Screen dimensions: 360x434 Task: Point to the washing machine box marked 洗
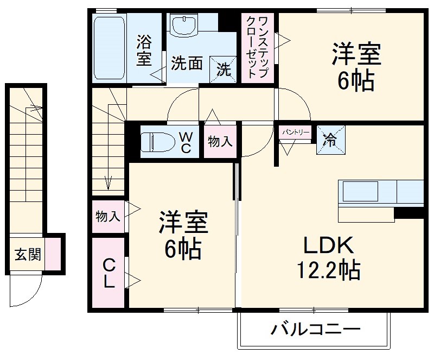click(x=224, y=69)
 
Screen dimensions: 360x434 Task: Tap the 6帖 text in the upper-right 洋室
click(x=356, y=82)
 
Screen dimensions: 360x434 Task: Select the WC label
click(x=185, y=142)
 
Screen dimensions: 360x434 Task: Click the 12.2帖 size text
click(x=328, y=270)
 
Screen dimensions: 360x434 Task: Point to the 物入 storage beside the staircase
click(x=107, y=217)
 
